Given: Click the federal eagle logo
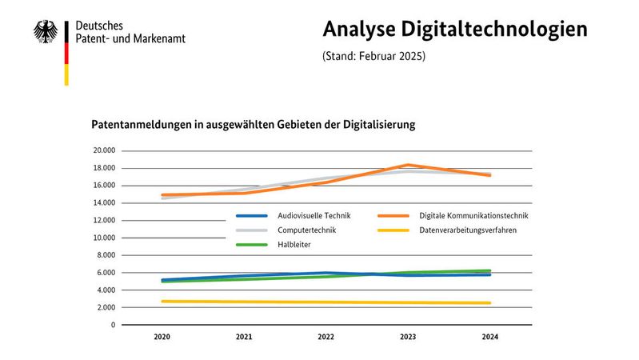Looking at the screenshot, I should point(46,31).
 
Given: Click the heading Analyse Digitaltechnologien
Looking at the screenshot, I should point(455,29).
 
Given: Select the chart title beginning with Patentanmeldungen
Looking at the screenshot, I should point(254,126).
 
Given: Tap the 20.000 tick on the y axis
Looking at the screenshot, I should point(104,150).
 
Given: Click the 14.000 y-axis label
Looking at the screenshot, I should point(104,203).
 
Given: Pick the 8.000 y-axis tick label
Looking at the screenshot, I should point(106,255).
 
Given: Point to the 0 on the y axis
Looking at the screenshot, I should point(113,325).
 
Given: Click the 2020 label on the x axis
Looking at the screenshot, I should point(162,338).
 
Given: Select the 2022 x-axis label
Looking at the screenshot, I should point(325,338).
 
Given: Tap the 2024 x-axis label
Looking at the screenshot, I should point(489,338).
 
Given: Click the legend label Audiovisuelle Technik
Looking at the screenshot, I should point(314,215).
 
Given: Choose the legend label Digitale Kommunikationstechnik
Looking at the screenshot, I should point(473,215).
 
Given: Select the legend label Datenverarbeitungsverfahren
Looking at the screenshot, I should point(468,230).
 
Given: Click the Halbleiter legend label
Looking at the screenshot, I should point(295,244).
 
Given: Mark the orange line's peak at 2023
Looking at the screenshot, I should point(407,165).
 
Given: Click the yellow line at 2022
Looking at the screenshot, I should point(325,302).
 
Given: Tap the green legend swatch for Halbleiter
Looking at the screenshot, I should point(251,244).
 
